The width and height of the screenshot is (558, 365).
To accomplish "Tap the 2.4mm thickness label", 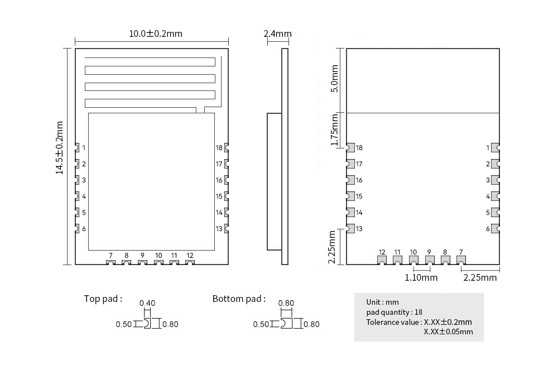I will (x=277, y=33).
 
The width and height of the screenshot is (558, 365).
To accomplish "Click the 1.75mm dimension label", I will (x=334, y=130).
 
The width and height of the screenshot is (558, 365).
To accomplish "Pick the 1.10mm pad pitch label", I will (x=421, y=277).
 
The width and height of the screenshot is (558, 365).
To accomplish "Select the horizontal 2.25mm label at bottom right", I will (x=480, y=277).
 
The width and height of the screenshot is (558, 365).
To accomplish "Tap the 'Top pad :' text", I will (x=103, y=299).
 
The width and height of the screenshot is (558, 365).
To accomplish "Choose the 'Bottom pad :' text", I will (x=239, y=299).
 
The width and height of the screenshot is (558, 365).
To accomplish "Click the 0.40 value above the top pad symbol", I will (x=147, y=303).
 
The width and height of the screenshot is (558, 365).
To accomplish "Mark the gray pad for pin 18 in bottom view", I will (x=350, y=148).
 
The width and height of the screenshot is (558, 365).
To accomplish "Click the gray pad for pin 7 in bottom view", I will (x=461, y=260).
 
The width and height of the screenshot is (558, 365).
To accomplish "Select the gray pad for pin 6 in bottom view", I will (x=494, y=229).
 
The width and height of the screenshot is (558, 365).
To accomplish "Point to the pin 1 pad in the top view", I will (x=78, y=148).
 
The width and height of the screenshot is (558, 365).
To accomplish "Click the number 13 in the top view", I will (x=219, y=229).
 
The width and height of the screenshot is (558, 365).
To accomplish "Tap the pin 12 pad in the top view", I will (x=190, y=262).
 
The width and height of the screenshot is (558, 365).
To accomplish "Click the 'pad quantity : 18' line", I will (x=394, y=312).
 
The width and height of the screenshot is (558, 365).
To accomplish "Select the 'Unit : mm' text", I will (x=382, y=302).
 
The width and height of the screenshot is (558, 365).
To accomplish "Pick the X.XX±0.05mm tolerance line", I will (x=448, y=332).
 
